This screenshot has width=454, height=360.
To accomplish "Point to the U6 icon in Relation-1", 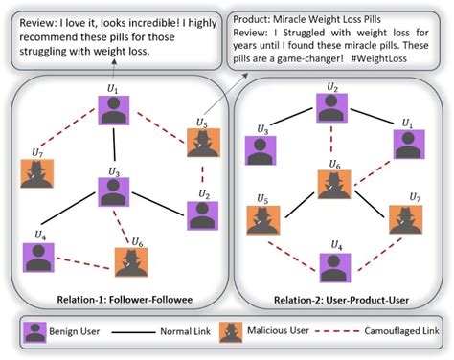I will (x=131, y=260).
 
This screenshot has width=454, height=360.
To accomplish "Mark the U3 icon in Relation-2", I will (x=261, y=148).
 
